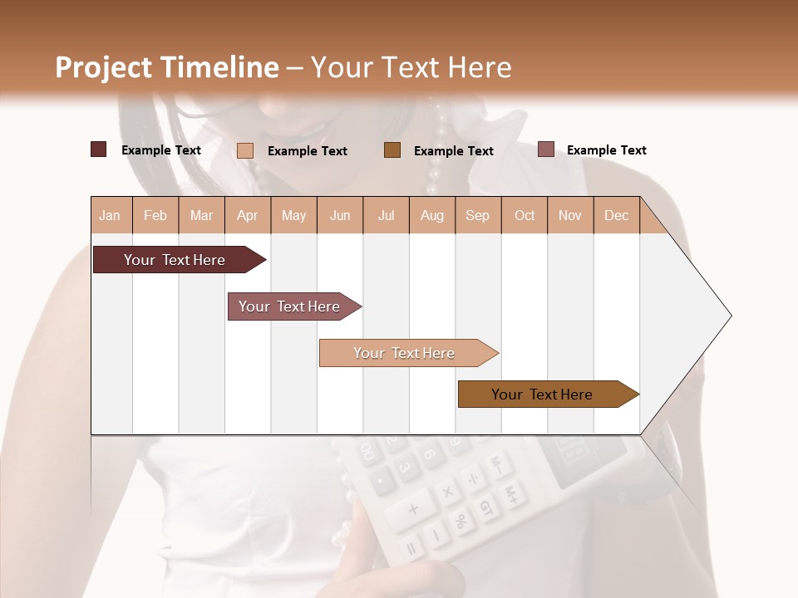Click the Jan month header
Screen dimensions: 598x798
110,215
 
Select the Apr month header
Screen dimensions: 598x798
247,215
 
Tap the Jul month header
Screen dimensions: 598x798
386,215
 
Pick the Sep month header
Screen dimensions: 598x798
477,215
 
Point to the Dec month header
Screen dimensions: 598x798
616,215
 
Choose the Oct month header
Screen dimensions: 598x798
525,215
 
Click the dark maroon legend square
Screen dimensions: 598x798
98,149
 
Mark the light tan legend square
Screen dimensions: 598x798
245,150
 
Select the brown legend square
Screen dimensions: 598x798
392,149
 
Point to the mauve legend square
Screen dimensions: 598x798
545,149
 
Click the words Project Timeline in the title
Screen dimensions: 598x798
166,67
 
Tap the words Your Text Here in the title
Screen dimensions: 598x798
411,67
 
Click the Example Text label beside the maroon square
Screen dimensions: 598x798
161,150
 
